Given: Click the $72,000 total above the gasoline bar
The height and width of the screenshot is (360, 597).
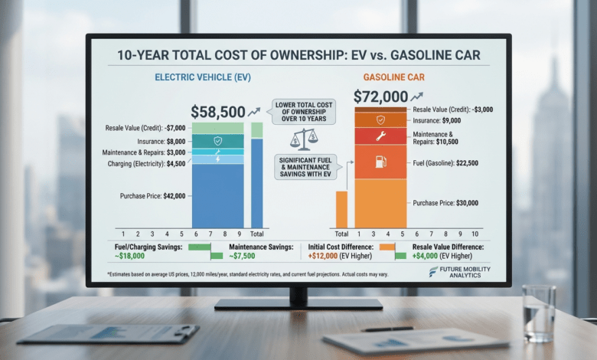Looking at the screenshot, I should click(380, 97).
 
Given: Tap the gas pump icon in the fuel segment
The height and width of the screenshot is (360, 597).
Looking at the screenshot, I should click(380, 162).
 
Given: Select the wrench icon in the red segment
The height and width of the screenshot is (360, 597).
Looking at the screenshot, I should click(380, 136).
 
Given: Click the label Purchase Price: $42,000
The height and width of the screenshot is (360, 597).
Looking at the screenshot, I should click(153, 196).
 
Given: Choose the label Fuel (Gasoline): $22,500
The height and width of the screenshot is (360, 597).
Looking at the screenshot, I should click(445, 162).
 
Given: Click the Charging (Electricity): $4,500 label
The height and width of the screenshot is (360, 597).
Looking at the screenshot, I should click(144, 162).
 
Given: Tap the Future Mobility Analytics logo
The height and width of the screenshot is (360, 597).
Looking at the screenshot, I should click(460, 272).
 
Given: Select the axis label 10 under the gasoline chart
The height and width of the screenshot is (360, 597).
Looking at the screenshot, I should click(475, 234).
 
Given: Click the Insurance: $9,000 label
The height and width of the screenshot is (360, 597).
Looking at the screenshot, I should click(439, 120).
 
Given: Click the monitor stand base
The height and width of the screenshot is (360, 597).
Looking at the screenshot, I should click(298, 304).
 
